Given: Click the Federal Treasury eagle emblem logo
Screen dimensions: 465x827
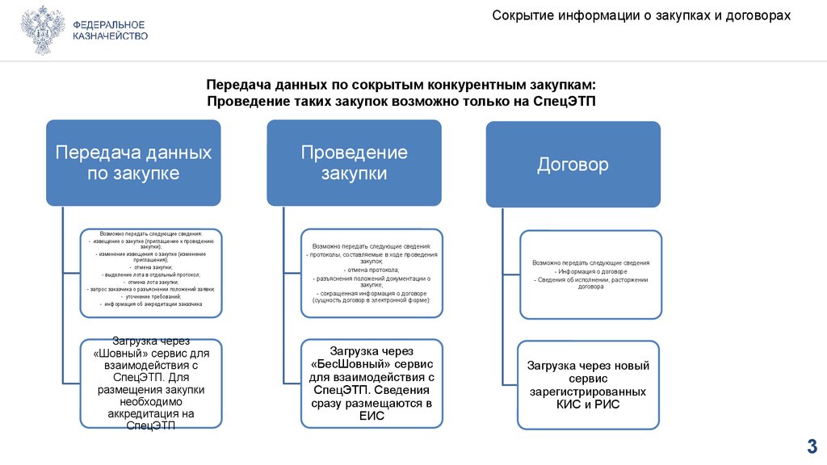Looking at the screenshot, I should [x=43, y=31].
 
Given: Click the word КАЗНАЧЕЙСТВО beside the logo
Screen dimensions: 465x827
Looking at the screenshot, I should [x=110, y=37].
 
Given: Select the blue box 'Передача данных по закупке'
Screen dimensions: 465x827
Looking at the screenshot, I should [x=133, y=162].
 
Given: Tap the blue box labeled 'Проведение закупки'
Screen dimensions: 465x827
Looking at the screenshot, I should [x=354, y=162].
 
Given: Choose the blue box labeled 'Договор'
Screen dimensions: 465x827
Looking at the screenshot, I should [x=573, y=165].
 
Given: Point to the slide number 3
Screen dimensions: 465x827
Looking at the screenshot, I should [x=812, y=446].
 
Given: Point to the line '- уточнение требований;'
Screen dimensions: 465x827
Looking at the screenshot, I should [x=152, y=297].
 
